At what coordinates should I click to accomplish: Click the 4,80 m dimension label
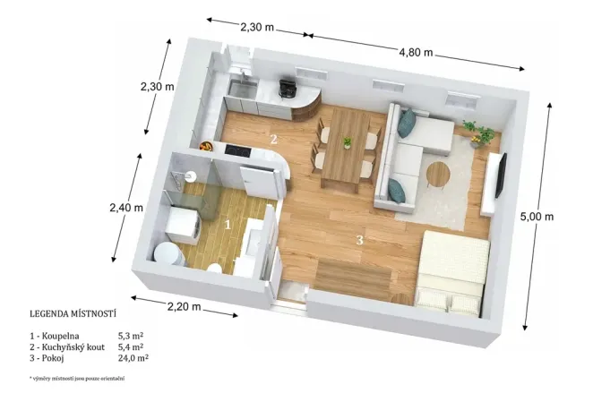point(416,52)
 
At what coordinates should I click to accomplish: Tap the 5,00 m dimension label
point(537,218)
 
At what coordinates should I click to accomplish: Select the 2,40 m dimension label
point(126,207)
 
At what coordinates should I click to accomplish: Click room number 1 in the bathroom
point(228,225)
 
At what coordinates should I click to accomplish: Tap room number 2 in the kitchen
point(274,139)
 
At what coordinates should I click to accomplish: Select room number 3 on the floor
point(359,239)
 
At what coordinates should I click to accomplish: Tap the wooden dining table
point(344,155)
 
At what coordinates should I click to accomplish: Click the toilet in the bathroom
point(166,252)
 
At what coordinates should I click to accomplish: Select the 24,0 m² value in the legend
point(133,357)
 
